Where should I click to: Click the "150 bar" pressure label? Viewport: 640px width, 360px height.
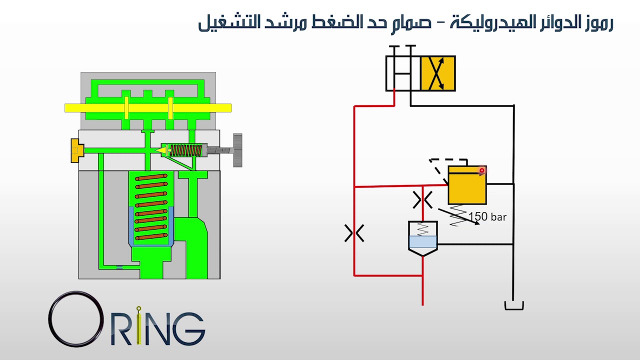487,217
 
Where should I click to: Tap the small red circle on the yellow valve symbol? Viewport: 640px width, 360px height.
481,170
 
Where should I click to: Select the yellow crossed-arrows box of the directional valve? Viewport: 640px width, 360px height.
438,73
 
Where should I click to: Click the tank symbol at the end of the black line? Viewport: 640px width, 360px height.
513,305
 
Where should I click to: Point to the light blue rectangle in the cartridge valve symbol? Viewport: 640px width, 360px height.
423,241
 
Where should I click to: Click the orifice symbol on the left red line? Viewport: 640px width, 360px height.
354,233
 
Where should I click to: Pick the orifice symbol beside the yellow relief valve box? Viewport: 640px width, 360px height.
422,199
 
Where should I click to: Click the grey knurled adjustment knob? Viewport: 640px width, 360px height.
237,150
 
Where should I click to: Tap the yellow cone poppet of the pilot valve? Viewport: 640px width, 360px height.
161,150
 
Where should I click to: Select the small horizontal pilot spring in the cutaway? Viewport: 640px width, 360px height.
185,150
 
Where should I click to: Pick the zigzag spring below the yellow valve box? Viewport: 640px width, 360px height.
458,215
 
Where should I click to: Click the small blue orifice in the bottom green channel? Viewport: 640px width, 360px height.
119,267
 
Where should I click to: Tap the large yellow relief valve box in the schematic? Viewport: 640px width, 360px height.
467,185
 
